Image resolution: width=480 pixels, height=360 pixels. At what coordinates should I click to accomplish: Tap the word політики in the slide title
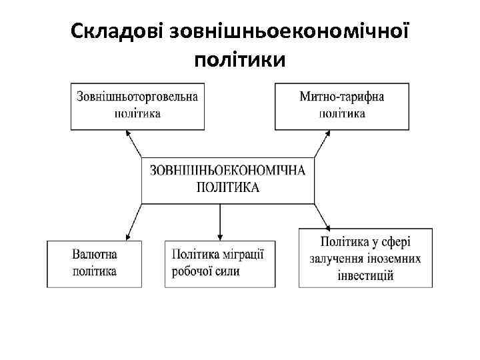click(x=239, y=61)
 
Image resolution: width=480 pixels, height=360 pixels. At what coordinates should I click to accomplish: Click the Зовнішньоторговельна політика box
click(x=137, y=105)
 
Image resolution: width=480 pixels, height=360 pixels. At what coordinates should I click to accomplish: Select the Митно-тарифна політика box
click(x=341, y=105)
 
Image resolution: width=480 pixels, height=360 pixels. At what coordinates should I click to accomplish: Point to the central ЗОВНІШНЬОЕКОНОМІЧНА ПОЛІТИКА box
click(x=228, y=179)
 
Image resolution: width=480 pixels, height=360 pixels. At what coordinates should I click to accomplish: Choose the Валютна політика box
click(x=94, y=263)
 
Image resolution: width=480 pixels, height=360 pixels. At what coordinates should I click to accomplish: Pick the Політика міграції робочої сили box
click(x=220, y=263)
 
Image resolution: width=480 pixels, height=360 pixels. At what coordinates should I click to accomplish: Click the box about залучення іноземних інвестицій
click(x=365, y=257)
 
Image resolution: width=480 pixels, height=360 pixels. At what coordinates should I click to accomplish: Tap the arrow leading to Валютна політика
click(x=135, y=221)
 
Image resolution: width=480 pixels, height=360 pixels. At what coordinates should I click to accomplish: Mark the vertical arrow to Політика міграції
click(x=220, y=221)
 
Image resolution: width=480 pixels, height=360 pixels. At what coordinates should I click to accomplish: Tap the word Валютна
click(x=94, y=254)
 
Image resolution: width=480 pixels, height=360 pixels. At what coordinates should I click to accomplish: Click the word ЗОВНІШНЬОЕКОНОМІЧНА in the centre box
click(x=228, y=171)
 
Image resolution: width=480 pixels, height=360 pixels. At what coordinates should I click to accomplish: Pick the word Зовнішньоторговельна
click(x=137, y=97)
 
